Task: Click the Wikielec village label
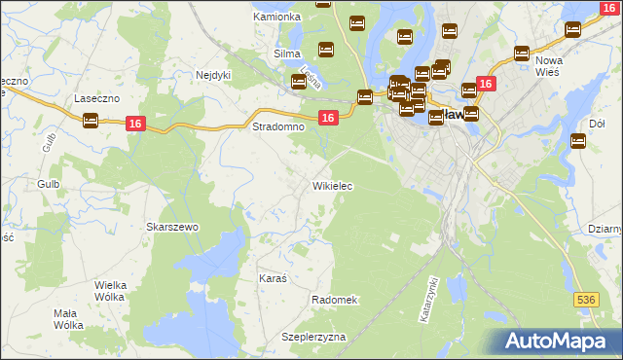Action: [x=332, y=185]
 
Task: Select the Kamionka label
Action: [x=276, y=17]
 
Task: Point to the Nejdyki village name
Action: [x=213, y=74]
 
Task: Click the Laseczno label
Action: [x=96, y=99]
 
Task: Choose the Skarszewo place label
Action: [x=172, y=227]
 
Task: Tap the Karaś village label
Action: [x=273, y=278]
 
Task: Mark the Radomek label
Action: [x=335, y=300]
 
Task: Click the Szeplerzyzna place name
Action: [x=313, y=336]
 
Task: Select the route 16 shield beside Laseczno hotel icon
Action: [x=136, y=122]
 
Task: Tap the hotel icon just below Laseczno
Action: [x=91, y=122]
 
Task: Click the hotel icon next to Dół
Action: [x=578, y=141]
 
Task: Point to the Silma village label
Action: [x=286, y=54]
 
